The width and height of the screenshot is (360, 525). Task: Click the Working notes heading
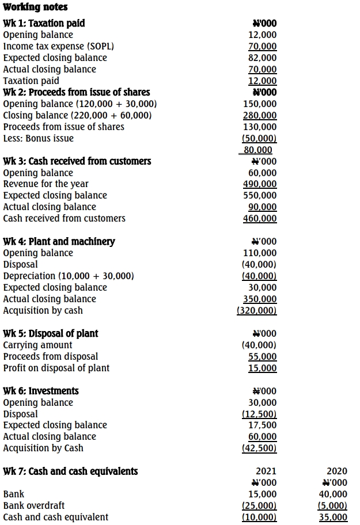coord(35,7)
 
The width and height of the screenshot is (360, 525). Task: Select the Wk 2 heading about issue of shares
coord(77,92)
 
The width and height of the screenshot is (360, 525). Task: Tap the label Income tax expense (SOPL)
coord(58,46)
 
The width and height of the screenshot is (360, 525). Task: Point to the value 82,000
coord(262,58)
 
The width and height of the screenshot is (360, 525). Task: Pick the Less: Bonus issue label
coord(38,138)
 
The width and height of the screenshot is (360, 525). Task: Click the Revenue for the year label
coord(46,184)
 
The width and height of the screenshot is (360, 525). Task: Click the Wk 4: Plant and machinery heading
coord(59,241)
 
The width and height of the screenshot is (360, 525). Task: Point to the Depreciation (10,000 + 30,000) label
coord(69,276)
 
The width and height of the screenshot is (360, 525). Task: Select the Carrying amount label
coord(38,345)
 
